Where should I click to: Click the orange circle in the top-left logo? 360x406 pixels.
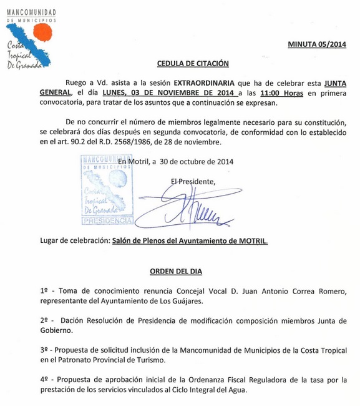pos(42,32)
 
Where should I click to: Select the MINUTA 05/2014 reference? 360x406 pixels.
pos(316,44)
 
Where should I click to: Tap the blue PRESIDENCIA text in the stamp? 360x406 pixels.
pos(107,221)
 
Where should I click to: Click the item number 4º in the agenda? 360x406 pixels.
pos(44,380)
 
